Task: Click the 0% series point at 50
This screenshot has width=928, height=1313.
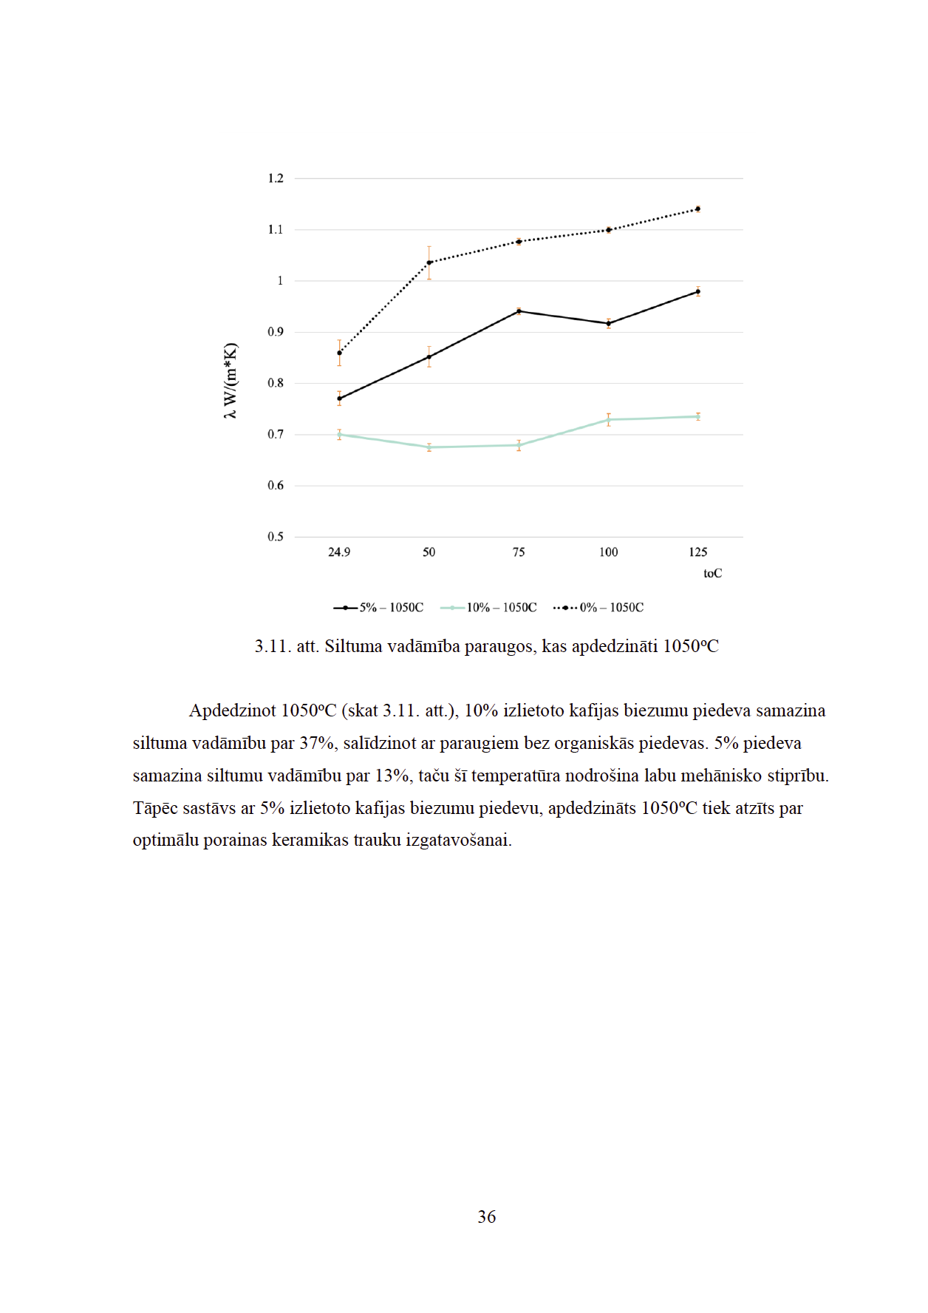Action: (429, 262)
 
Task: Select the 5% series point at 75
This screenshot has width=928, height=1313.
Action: (519, 311)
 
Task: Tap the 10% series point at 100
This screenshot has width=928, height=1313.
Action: (609, 420)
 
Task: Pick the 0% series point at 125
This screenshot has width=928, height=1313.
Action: (698, 209)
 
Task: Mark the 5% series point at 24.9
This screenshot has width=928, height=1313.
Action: (339, 398)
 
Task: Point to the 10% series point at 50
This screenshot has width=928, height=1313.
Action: (429, 447)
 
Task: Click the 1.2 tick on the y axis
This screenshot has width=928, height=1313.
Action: (276, 178)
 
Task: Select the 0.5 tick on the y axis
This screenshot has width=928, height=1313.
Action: (276, 537)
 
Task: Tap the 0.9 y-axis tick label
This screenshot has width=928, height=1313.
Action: (276, 332)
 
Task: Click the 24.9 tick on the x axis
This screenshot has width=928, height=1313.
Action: (339, 552)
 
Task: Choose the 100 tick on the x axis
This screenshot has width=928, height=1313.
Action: (609, 552)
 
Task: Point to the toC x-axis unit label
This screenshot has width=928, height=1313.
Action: (712, 574)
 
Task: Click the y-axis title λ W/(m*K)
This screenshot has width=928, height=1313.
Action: (231, 381)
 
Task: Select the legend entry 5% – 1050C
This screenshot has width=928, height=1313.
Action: (378, 608)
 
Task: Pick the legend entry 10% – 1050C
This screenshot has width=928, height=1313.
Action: (488, 608)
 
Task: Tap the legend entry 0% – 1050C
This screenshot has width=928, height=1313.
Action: (598, 608)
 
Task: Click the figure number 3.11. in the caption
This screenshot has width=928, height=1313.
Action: (273, 646)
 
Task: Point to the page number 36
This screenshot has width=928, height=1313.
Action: (487, 1217)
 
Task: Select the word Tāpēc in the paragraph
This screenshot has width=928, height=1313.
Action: (155, 808)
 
